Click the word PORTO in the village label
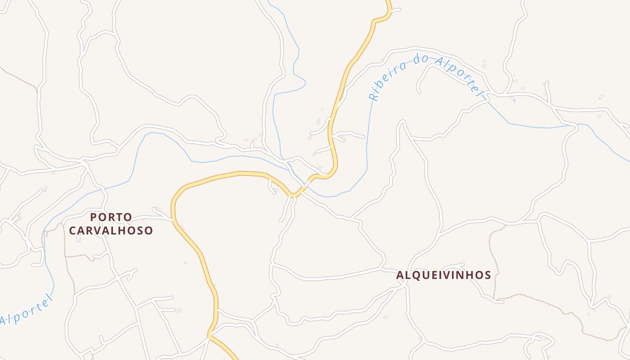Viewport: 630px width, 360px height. [x=111, y=217]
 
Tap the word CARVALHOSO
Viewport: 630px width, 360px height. [x=111, y=231]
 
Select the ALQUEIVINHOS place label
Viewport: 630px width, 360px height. [x=444, y=275]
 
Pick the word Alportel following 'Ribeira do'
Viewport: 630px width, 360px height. [x=459, y=76]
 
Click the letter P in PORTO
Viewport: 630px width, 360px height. [x=94, y=217]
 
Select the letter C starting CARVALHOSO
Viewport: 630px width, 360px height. [x=73, y=231]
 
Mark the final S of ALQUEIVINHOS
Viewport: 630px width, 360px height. [x=487, y=275]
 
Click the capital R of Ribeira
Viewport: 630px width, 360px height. [x=373, y=97]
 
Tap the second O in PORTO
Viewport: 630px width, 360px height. [x=128, y=217]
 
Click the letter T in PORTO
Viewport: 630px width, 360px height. [x=120, y=217]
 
